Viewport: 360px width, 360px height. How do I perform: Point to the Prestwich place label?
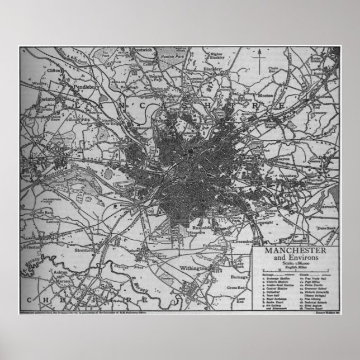point(141,50)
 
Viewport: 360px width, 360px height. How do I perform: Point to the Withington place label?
point(195,269)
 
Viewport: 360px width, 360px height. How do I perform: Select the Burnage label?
point(240,276)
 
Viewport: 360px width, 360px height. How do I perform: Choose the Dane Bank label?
point(327,229)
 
